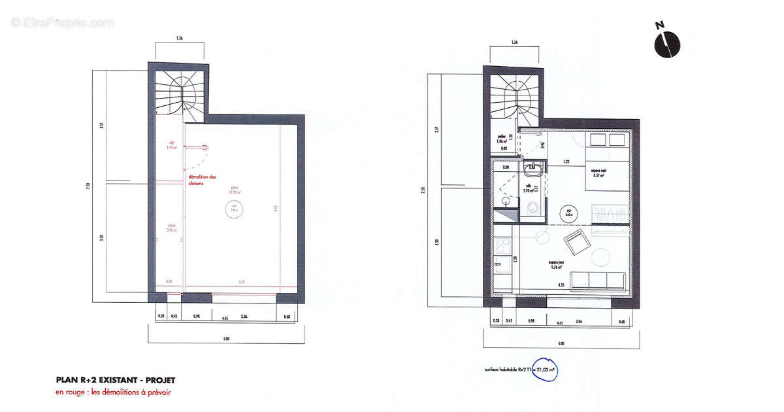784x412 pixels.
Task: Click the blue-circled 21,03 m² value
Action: pyautogui.click(x=544, y=369)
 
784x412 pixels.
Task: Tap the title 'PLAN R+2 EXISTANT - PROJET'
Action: pyautogui.click(x=116, y=380)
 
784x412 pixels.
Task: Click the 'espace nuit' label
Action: pyautogui.click(x=597, y=173)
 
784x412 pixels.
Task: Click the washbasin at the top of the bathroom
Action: pyautogui.click(x=532, y=169)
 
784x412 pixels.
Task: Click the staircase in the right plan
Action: pyautogui.click(x=513, y=98)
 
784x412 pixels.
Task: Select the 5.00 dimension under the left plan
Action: pyautogui.click(x=226, y=338)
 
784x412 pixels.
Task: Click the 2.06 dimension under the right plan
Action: pyautogui.click(x=578, y=321)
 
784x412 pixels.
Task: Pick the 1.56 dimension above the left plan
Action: pyautogui.click(x=178, y=39)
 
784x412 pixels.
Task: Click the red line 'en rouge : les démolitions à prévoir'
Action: pyautogui.click(x=113, y=392)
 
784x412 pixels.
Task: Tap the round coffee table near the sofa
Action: pyautogui.click(x=599, y=258)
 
